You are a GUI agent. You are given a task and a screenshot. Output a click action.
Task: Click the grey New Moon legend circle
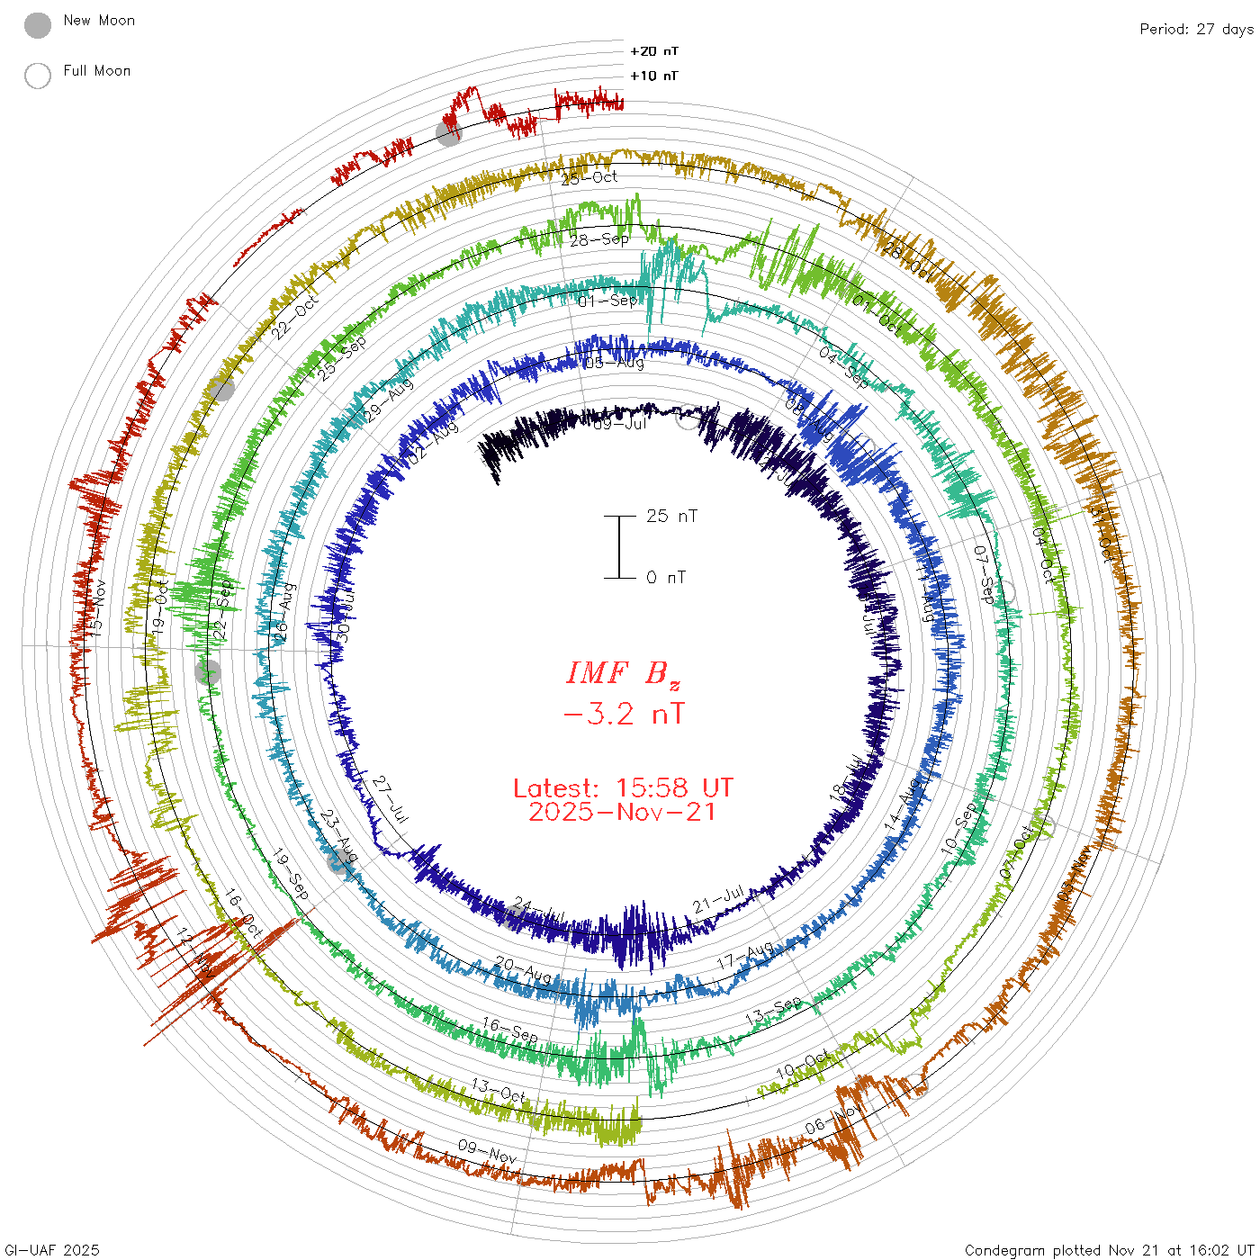[38, 26]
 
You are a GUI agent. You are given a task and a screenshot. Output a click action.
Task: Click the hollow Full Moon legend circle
[38, 76]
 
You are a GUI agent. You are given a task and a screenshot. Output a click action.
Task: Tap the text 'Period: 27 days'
[1196, 29]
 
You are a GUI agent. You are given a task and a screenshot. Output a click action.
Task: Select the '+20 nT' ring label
[654, 51]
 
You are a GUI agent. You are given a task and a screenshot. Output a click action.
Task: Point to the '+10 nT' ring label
[654, 76]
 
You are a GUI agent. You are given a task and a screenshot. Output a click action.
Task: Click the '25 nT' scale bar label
[671, 516]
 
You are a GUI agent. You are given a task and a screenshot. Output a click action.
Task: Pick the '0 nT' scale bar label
[666, 577]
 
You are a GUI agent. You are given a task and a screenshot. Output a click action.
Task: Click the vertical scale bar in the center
[619, 546]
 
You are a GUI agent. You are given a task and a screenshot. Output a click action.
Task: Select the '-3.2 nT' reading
[623, 714]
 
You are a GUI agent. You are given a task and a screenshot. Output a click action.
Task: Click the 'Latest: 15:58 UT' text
[623, 788]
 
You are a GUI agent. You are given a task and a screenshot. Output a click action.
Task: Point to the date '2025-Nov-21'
[623, 812]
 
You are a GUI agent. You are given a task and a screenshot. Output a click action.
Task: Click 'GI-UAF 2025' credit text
[51, 1250]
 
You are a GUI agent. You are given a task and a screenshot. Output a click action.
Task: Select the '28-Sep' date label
[599, 239]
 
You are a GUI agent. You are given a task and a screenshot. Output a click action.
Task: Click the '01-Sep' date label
[607, 301]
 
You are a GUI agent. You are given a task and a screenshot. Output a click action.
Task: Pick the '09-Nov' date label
[487, 1150]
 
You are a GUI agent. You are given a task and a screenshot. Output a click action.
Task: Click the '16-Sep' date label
[510, 1030]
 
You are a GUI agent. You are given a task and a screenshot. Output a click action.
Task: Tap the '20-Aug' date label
[523, 970]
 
